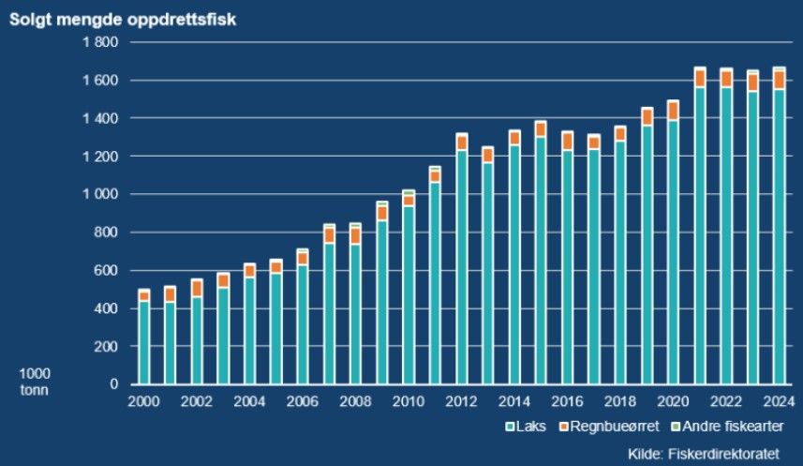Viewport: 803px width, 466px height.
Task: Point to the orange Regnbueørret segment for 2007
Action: click(x=329, y=235)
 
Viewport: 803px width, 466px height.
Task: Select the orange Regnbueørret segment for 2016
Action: click(x=568, y=141)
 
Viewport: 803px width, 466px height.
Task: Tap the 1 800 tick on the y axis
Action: click(x=100, y=42)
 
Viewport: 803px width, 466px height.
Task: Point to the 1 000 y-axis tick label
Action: click(x=100, y=195)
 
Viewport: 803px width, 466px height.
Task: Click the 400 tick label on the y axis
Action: click(x=106, y=308)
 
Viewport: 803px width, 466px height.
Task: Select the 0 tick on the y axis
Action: click(x=113, y=384)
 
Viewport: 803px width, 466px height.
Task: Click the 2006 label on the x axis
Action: click(x=303, y=401)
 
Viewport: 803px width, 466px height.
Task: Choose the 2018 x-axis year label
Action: click(x=620, y=401)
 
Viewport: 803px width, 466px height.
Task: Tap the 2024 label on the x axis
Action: click(x=780, y=401)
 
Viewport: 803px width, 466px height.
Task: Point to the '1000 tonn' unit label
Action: click(x=34, y=381)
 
